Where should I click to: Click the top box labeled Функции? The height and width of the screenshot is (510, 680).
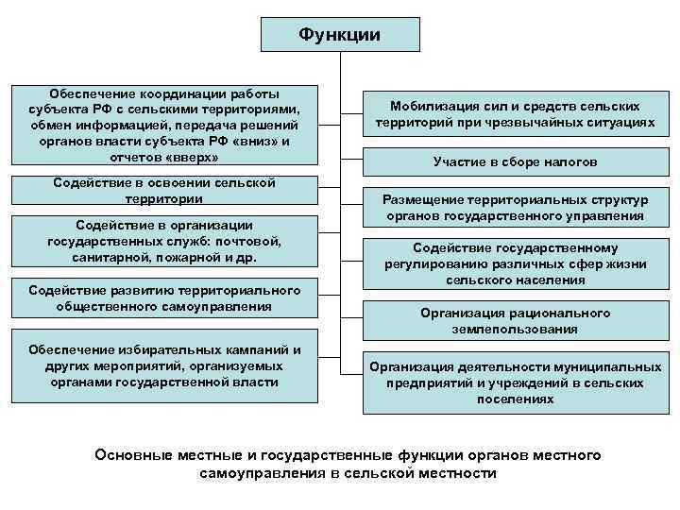coord(339,34)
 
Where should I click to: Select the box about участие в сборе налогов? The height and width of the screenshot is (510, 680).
coord(515,162)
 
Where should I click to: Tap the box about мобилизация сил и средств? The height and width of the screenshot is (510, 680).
coord(515,115)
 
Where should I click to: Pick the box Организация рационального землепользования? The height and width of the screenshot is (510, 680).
coord(515,321)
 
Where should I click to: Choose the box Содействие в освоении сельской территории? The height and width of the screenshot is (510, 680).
coord(164,191)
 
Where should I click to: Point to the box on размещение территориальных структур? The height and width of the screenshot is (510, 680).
coord(515,208)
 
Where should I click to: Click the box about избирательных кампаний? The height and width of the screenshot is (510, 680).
coord(164,365)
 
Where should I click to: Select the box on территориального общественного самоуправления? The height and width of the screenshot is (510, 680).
coord(164,297)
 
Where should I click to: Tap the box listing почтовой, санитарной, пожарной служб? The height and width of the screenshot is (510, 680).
coord(164,241)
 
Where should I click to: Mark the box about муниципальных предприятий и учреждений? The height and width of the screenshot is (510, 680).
coord(515,382)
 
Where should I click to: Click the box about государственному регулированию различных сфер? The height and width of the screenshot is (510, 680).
coord(515,263)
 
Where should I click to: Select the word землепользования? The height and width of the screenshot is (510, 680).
coord(515,330)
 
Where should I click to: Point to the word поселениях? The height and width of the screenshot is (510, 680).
coord(515,399)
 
